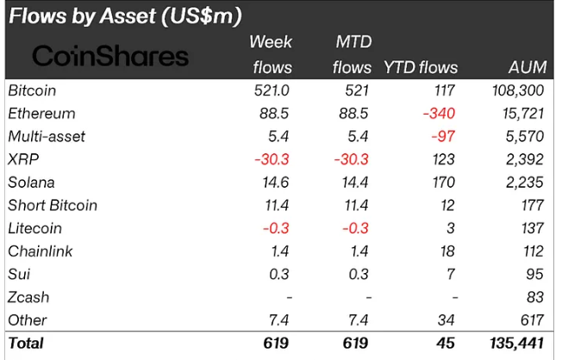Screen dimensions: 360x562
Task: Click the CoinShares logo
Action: point(109,57)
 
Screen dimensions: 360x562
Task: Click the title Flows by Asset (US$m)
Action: point(125,16)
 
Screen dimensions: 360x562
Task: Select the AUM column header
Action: point(527,66)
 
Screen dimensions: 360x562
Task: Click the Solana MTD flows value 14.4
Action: point(356,182)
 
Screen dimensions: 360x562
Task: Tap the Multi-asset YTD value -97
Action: point(445,136)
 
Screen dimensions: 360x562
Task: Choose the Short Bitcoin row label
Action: point(52,205)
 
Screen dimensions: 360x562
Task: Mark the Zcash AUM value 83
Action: point(535,297)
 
